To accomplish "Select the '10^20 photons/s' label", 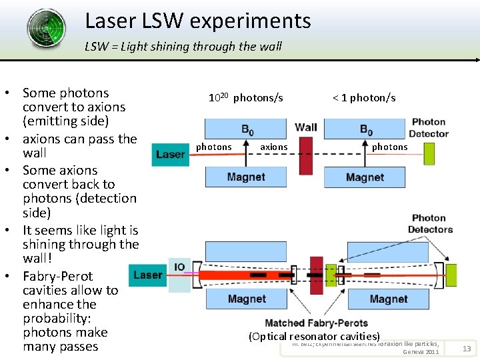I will click(245, 98).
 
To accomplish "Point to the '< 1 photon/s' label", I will click(364, 98).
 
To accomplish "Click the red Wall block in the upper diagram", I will click(306, 154).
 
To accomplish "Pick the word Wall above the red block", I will click(306, 127).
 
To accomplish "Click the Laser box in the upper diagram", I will click(170, 154).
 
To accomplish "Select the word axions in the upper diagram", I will click(274, 147).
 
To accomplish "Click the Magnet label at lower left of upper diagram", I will click(246, 177).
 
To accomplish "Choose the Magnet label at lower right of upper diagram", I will click(365, 177).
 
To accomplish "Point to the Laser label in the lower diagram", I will click(147, 275).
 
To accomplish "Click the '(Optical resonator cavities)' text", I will click(314, 337).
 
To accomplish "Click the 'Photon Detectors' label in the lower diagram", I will click(430, 223).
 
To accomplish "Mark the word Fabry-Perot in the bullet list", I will click(58, 276).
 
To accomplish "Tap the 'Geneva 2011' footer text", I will click(421, 351).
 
